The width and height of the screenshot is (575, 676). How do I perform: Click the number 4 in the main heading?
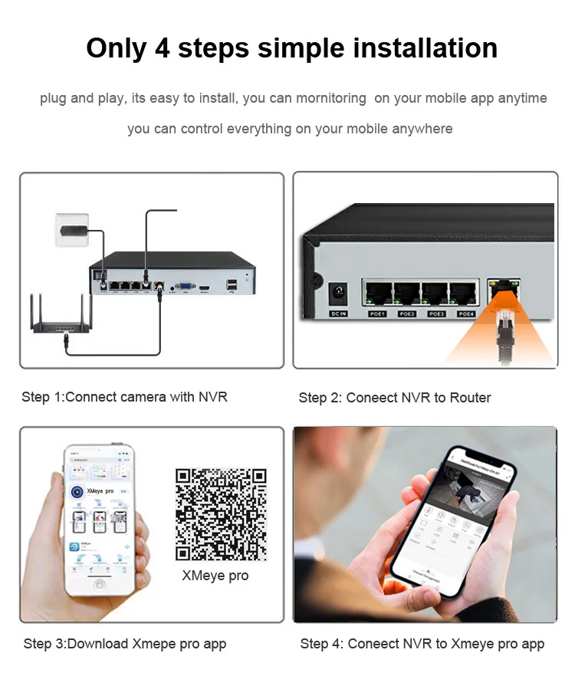(163, 48)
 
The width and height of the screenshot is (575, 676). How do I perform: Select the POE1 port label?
(377, 314)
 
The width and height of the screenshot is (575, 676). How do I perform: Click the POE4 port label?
(466, 314)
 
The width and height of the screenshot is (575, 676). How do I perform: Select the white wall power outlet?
(72, 229)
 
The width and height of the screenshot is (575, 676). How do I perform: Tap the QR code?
(221, 514)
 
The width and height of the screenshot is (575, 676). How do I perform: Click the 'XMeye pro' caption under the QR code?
(215, 576)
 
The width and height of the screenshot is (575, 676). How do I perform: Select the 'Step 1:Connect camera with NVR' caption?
(124, 397)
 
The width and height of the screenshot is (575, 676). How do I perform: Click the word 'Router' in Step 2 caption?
(469, 398)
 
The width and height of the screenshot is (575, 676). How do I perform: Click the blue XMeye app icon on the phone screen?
(77, 491)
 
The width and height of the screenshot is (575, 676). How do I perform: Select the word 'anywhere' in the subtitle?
(422, 129)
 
